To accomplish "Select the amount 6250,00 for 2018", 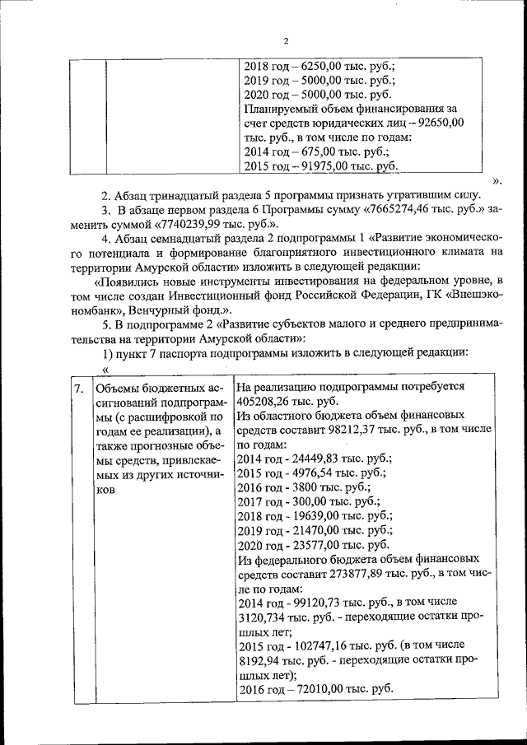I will coord(327,66).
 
